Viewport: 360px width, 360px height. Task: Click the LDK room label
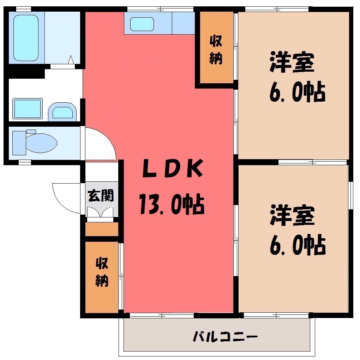click(173, 169)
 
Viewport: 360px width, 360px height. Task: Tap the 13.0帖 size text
click(172, 204)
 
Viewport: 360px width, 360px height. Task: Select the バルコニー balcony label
click(225, 337)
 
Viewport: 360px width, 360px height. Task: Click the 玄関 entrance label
click(101, 196)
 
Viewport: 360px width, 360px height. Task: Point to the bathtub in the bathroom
click(26, 38)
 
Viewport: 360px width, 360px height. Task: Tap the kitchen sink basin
click(142, 24)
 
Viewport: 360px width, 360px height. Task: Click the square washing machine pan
click(28, 109)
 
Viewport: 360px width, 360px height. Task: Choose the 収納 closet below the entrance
click(102, 277)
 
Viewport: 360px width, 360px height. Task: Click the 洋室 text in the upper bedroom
click(292, 62)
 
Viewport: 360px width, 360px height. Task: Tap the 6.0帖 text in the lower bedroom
click(298, 245)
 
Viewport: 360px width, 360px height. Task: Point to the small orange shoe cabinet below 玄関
click(102, 229)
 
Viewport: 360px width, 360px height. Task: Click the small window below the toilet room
click(25, 162)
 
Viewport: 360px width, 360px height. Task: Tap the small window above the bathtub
click(24, 9)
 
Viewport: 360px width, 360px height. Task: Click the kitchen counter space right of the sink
click(183, 23)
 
